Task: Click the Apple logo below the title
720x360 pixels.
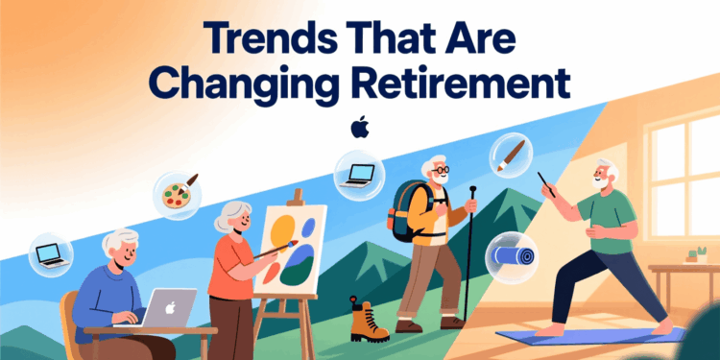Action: tap(360, 127)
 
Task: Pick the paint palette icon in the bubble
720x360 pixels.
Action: tap(178, 194)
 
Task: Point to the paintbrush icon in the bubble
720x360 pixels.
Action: tap(509, 155)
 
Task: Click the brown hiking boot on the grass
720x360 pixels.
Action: tap(368, 319)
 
